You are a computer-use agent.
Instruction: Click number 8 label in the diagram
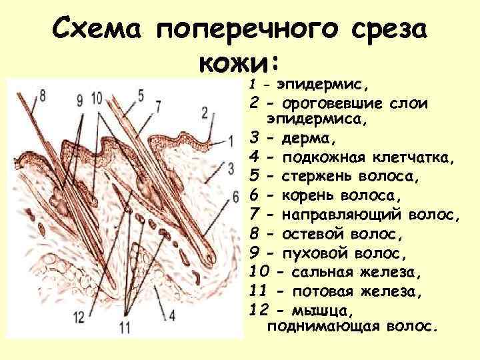pyautogui.click(x=43, y=95)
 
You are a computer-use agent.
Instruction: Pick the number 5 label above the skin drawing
pyautogui.click(x=141, y=94)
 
